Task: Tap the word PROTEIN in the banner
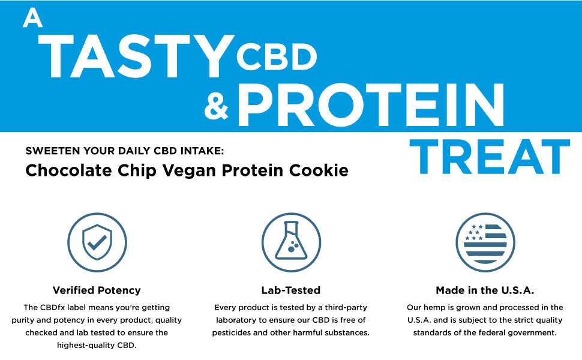pyautogui.click(x=370, y=105)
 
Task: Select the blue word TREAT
pyautogui.click(x=489, y=157)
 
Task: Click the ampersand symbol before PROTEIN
pyautogui.click(x=217, y=106)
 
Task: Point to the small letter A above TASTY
pyautogui.click(x=32, y=19)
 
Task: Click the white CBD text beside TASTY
pyautogui.click(x=276, y=56)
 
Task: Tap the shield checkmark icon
pyautogui.click(x=96, y=242)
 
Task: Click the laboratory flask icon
pyautogui.click(x=290, y=242)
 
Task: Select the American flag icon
pyautogui.click(x=485, y=242)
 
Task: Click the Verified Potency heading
pyautogui.click(x=96, y=290)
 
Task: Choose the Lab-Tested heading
pyautogui.click(x=290, y=290)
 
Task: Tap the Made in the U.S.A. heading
pyautogui.click(x=485, y=290)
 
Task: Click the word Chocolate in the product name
pyautogui.click(x=60, y=170)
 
